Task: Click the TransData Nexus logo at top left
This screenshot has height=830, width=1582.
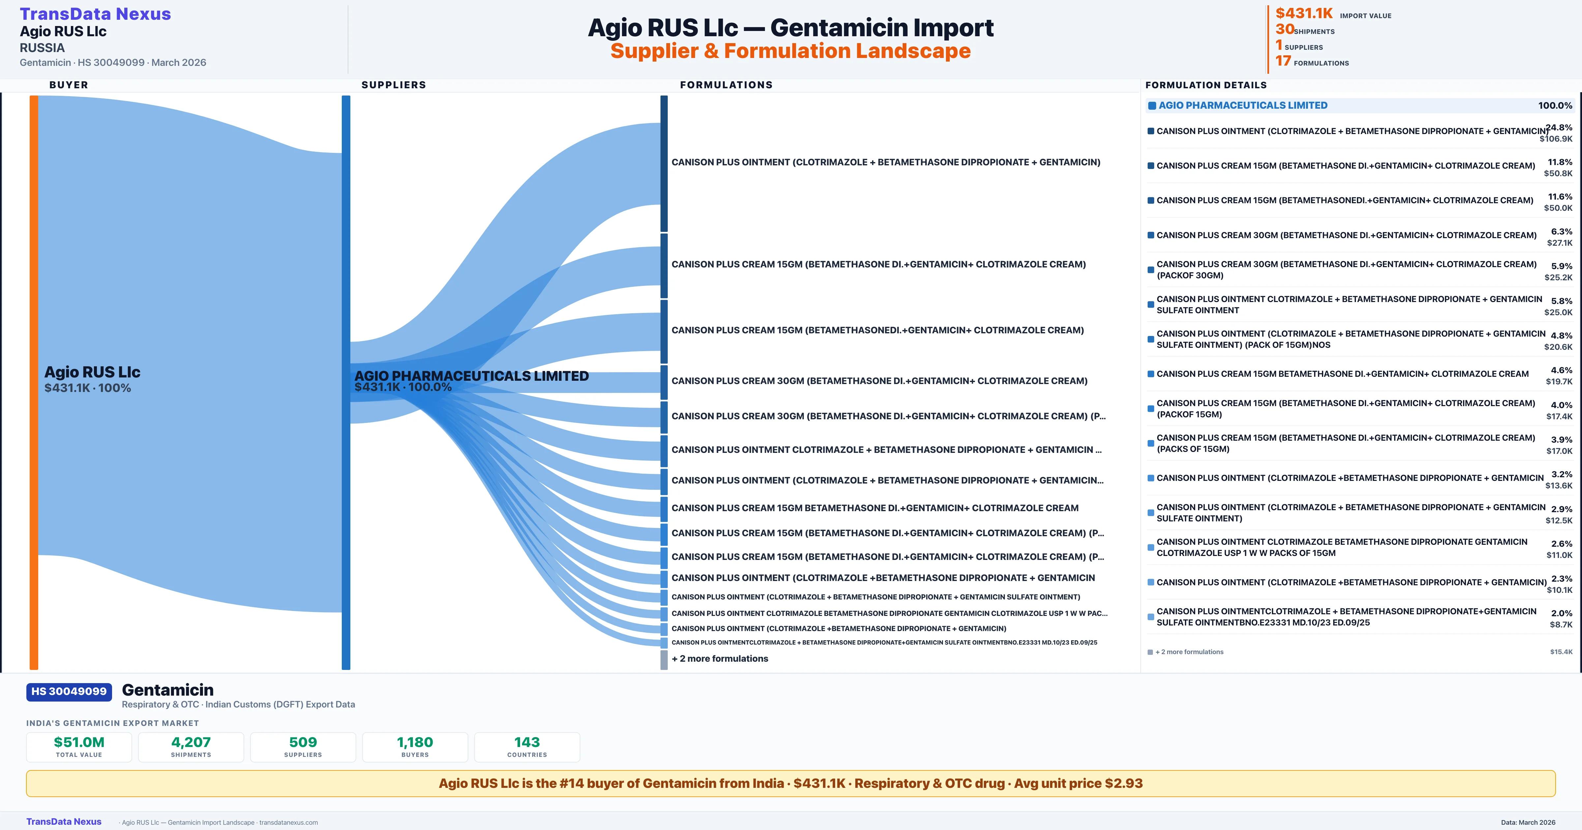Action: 95,14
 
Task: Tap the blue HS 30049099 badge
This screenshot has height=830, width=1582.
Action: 69,691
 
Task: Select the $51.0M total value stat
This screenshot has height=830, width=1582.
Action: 79,742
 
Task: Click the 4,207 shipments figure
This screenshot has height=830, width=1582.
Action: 191,742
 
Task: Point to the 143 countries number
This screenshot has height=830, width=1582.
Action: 527,742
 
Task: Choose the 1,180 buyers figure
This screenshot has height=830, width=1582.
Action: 415,742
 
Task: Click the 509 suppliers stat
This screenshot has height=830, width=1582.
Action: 303,742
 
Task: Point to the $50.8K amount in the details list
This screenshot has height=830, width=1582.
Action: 1558,174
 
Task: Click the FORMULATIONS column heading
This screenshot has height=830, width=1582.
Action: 726,85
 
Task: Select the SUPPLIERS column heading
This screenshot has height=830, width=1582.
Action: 394,85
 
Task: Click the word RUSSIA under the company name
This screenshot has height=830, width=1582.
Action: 42,48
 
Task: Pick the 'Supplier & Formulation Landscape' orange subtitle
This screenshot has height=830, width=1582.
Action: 790,51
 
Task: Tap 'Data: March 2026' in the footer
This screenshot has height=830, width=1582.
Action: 1528,822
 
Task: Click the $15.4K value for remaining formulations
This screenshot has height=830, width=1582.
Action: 1561,652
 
